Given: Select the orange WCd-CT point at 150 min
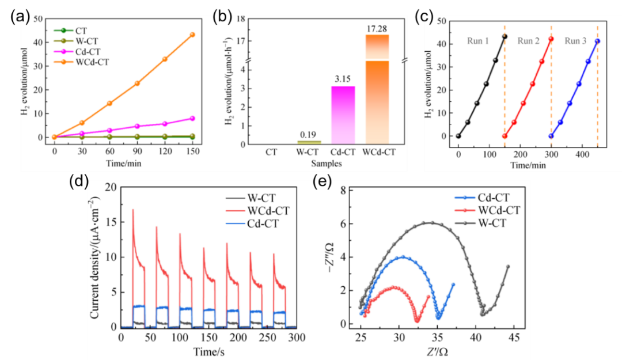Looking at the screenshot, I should click(x=192, y=35).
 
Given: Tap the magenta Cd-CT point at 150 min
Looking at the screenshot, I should click(x=192, y=118).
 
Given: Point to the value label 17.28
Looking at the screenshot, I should click(x=378, y=28).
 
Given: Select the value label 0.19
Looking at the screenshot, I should click(x=308, y=134).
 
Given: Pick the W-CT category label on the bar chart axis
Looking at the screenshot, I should click(x=308, y=153).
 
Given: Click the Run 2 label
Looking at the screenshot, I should click(x=529, y=41).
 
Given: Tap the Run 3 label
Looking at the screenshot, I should click(x=575, y=41).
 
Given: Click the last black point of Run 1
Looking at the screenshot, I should click(x=505, y=37).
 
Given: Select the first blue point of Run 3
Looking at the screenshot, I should click(x=551, y=136).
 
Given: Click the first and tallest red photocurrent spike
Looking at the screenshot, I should click(x=133, y=210).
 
